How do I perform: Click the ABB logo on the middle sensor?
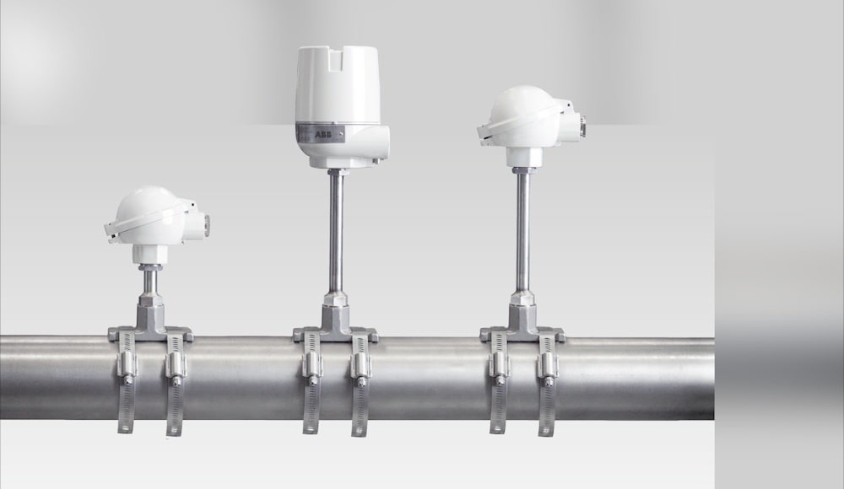click(x=323, y=134)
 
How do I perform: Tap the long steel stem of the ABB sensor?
click(x=337, y=231)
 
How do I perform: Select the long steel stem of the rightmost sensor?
click(x=522, y=231)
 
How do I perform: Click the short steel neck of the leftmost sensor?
click(x=150, y=281)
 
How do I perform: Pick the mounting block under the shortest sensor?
click(x=151, y=322)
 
